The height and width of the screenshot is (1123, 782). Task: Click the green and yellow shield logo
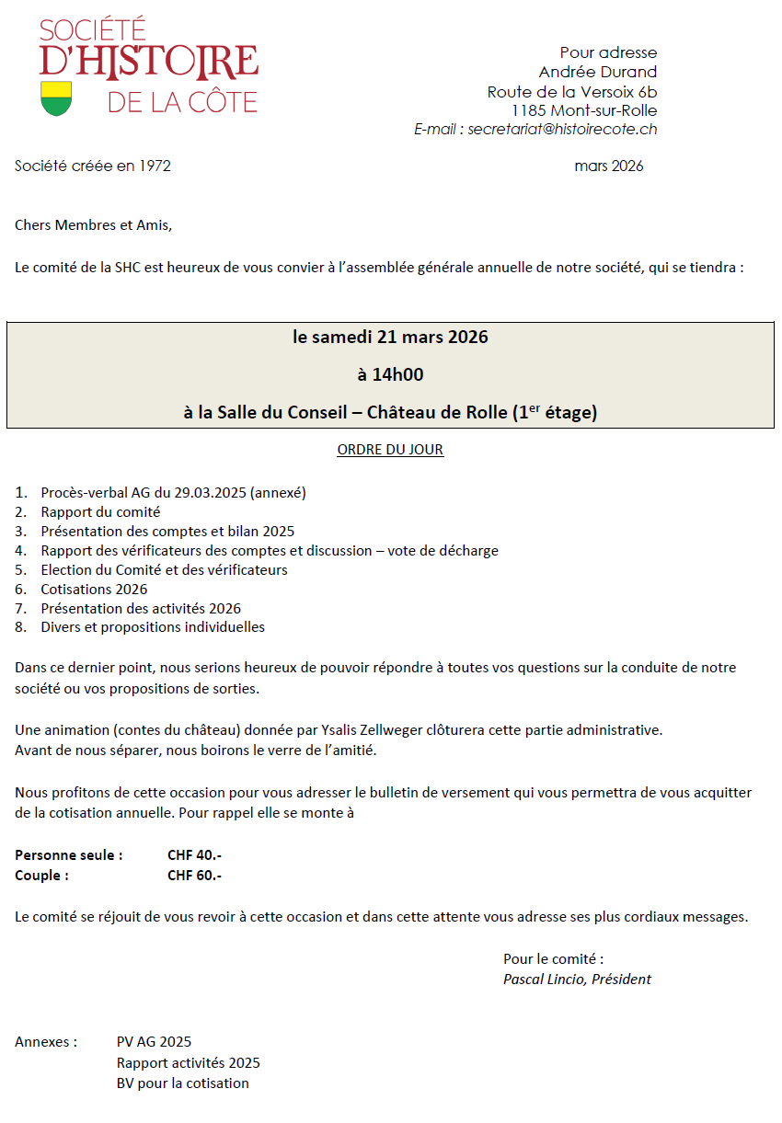[x=56, y=98]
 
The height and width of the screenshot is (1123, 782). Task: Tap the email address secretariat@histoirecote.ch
[x=562, y=130]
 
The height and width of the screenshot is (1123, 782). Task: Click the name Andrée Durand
[x=598, y=72]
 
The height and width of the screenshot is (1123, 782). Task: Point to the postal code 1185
[x=530, y=110]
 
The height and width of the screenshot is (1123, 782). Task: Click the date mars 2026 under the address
[x=608, y=166]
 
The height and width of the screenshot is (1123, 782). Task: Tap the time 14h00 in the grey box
[x=390, y=374]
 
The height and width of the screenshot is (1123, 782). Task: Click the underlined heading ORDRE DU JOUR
[x=390, y=450]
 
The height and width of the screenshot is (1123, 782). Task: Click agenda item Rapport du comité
[x=100, y=512]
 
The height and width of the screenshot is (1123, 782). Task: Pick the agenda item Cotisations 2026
[x=94, y=590]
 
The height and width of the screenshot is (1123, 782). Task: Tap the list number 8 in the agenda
[x=20, y=627]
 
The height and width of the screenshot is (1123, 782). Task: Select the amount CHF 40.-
[x=194, y=855]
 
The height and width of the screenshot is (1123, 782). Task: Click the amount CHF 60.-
[x=194, y=876]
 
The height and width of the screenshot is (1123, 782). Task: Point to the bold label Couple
[x=41, y=876]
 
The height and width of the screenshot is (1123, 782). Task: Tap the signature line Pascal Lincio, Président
[x=577, y=980]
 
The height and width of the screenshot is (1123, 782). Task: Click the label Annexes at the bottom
[x=46, y=1042]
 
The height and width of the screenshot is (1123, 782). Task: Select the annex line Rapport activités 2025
[x=188, y=1063]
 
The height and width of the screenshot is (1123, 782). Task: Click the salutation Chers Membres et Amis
[x=93, y=224]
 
